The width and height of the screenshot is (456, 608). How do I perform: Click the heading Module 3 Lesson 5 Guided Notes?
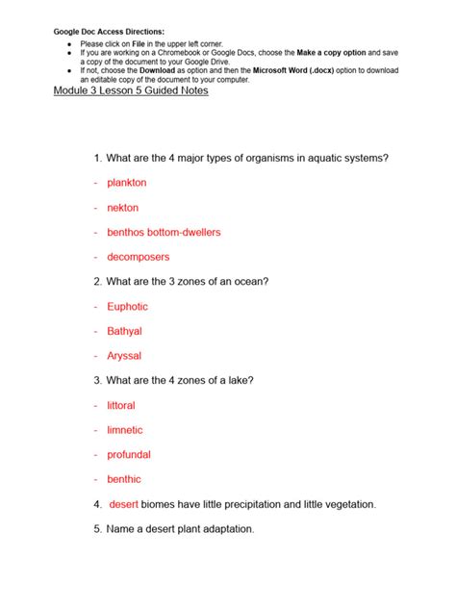tap(130, 90)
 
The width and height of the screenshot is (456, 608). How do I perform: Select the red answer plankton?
tap(127, 183)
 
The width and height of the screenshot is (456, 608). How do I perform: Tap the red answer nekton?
tap(122, 208)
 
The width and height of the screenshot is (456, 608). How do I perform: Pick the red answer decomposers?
tap(138, 257)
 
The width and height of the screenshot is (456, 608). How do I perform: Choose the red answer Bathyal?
tap(124, 331)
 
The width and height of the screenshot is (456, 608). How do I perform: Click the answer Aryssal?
tap(124, 356)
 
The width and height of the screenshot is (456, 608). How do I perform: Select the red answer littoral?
tap(121, 406)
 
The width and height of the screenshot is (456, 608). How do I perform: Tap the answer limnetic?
tap(125, 430)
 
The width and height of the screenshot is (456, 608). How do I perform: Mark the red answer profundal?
tap(129, 455)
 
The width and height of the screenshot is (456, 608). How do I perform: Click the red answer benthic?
tap(124, 479)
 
